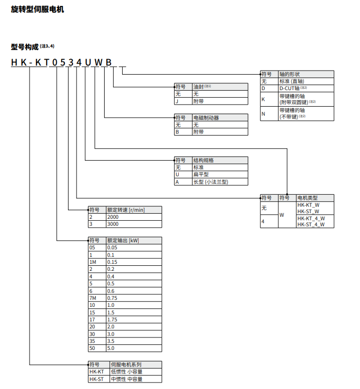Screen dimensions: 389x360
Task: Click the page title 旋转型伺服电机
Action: click(x=38, y=10)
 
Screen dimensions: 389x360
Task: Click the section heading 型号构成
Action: click(x=25, y=47)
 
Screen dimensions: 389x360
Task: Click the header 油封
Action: click(x=199, y=87)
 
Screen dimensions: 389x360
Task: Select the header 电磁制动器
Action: click(x=206, y=118)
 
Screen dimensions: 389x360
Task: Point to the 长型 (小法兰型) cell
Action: click(x=211, y=182)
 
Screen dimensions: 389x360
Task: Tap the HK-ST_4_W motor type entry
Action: click(x=311, y=225)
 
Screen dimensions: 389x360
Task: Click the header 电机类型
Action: click(x=307, y=198)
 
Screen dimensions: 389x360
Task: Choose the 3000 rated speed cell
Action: click(x=113, y=224)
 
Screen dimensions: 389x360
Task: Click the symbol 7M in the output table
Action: click(x=93, y=297)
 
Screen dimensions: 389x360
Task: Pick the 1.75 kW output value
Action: click(x=113, y=319)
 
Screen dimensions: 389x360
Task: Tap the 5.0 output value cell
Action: click(x=112, y=347)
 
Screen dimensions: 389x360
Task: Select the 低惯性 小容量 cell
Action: click(x=127, y=372)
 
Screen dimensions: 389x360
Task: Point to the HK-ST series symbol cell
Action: click(x=97, y=379)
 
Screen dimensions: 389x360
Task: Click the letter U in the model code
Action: click(x=88, y=62)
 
